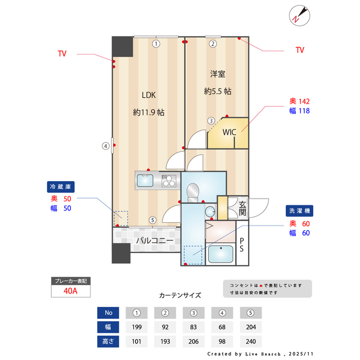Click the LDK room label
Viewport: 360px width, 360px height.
[148, 94]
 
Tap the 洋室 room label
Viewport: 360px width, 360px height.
[218, 74]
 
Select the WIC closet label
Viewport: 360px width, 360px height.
[229, 133]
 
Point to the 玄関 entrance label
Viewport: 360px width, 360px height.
[242, 208]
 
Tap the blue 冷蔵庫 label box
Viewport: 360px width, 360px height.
[61, 186]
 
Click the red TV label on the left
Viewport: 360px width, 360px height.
[62, 54]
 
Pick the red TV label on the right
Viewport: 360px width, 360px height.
[300, 50]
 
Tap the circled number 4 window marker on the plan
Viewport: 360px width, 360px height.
[105, 146]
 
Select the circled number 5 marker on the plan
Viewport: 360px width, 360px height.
[152, 220]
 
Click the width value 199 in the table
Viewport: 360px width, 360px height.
[137, 327]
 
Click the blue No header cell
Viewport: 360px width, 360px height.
[109, 313]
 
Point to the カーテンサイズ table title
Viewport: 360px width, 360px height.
[180, 295]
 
